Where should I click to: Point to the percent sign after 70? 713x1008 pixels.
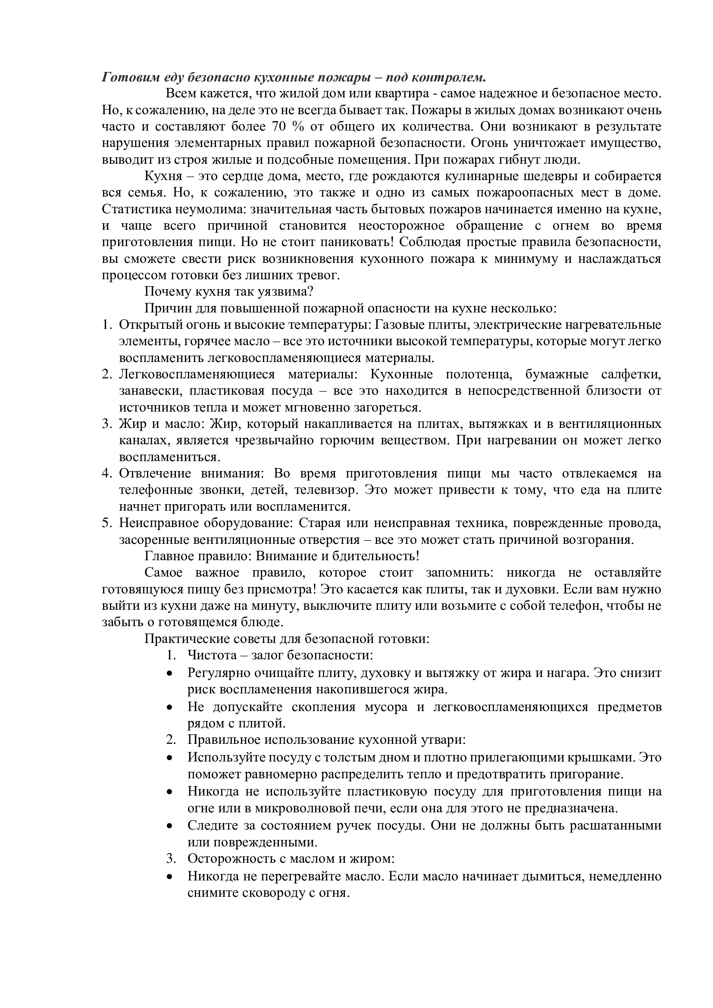click(299, 127)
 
